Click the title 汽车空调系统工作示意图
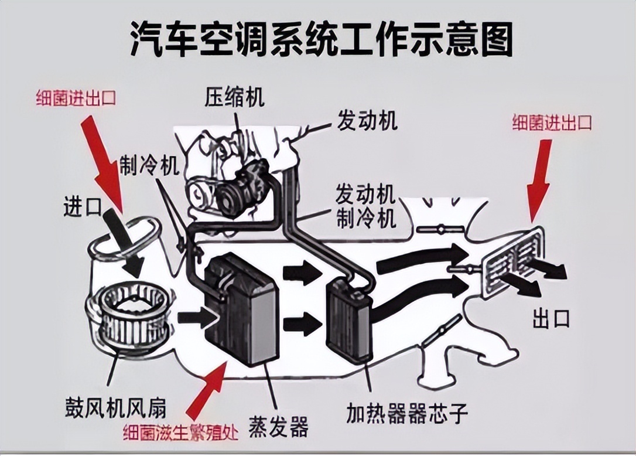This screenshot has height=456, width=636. tap(321, 40)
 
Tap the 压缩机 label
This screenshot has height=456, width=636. tap(234, 97)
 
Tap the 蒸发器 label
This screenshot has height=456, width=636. tap(278, 427)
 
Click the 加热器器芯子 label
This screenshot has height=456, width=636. tap(406, 413)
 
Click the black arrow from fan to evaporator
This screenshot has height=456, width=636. tap(196, 318)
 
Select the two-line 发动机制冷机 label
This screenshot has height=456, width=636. tap(365, 206)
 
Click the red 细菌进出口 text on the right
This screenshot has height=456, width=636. tap(552, 122)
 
